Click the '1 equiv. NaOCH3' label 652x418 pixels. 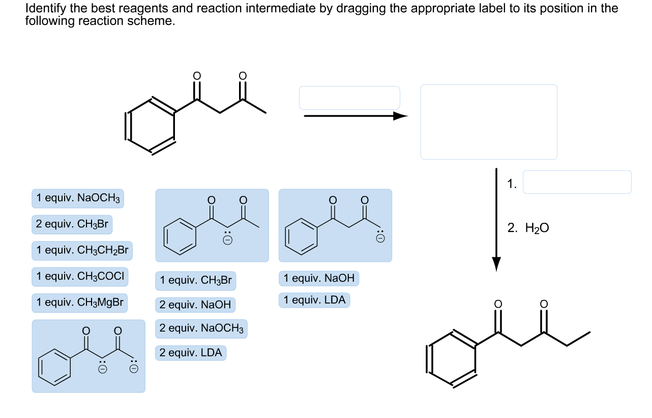(x=78, y=198)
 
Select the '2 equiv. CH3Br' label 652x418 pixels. (x=72, y=224)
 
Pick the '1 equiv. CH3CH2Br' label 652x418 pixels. (x=82, y=251)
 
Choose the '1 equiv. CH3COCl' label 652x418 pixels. (x=80, y=277)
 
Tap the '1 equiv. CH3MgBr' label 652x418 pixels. (x=80, y=303)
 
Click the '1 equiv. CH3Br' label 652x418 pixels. (x=196, y=281)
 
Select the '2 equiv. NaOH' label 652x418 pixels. (x=195, y=305)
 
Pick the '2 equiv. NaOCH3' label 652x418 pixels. (x=201, y=329)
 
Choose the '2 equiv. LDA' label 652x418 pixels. (x=191, y=353)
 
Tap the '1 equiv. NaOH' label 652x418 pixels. (x=319, y=279)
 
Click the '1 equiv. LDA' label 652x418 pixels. (x=314, y=301)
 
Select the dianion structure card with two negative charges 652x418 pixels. (x=88, y=356)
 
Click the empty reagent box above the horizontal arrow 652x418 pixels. (x=349, y=98)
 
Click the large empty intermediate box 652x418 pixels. (x=489, y=122)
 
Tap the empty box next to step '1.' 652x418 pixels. (x=577, y=182)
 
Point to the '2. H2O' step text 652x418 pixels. (x=528, y=228)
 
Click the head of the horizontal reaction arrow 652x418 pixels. (x=401, y=116)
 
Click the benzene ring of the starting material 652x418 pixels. (x=150, y=126)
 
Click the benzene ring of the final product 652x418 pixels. (x=452, y=359)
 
